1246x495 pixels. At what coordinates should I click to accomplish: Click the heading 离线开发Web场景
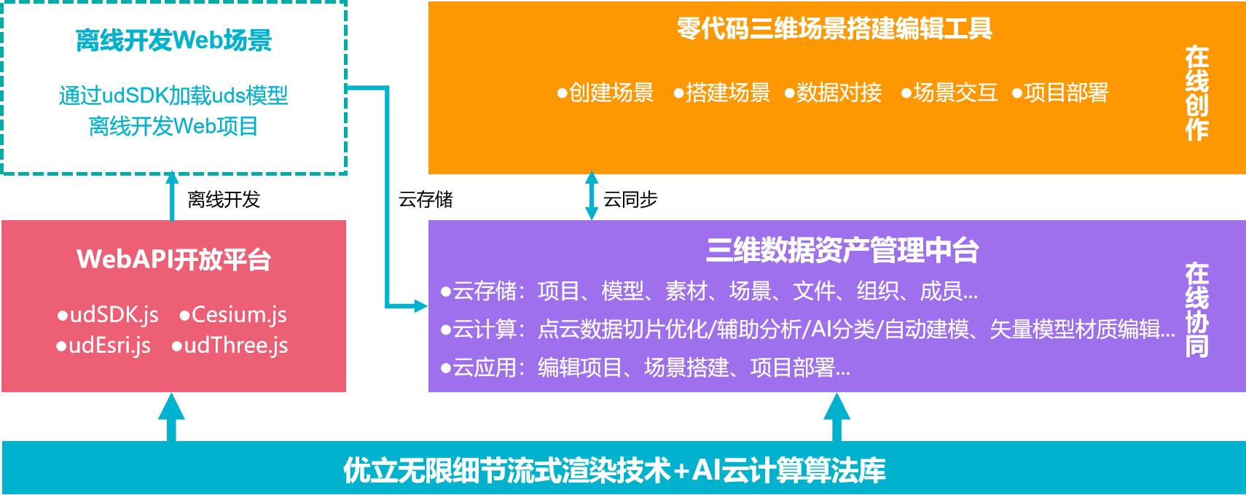coord(173,41)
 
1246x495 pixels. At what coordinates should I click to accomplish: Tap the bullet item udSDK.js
coord(108,315)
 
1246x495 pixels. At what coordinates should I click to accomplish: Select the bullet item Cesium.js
coord(233,315)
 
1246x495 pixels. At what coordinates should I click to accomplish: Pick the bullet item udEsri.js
coord(103,346)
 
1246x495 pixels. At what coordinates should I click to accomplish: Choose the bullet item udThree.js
coord(230,346)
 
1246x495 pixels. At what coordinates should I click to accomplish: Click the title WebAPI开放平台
coord(173,260)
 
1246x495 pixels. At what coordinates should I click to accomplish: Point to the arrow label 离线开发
coord(224,199)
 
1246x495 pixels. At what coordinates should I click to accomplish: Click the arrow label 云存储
coord(426,199)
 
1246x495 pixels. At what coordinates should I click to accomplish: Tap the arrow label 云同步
coord(630,199)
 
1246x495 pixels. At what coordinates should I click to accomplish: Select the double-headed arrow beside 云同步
coord(592,195)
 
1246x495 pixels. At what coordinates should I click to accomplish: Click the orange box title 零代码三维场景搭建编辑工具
coord(834,29)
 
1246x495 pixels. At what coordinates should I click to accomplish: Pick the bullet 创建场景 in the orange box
coord(606,93)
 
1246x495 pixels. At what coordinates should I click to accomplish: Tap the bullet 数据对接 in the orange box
coord(834,93)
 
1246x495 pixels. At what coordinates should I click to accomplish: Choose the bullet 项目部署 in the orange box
coord(1060,93)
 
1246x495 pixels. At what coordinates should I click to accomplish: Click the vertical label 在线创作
coord(1197,93)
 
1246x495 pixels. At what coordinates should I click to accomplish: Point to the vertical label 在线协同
coord(1197,310)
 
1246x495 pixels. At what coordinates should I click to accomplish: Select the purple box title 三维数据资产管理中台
coord(842,251)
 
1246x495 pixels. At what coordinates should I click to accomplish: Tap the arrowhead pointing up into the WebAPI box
coord(171,407)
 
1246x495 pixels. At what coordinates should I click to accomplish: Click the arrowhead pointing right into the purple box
coord(421,305)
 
